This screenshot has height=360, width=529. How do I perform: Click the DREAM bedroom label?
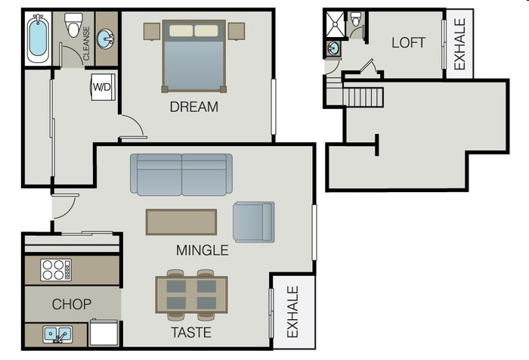click(193, 107)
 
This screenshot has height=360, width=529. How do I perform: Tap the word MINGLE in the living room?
click(202, 250)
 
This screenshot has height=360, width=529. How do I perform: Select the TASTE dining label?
click(190, 332)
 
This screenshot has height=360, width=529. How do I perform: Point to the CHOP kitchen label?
click(72, 304)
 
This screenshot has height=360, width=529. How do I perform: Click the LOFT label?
click(408, 42)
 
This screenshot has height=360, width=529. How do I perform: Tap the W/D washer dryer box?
click(102, 87)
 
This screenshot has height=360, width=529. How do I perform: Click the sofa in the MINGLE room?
click(181, 175)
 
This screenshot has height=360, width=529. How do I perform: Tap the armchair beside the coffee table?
click(253, 222)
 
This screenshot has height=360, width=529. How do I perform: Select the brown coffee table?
click(181, 222)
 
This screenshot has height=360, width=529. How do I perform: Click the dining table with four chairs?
click(191, 294)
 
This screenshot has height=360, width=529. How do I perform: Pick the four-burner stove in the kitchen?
click(56, 270)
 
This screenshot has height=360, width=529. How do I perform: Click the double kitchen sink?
click(57, 333)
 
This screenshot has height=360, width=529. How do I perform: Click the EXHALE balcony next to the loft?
click(459, 42)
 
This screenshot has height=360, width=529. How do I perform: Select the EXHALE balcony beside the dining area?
click(292, 312)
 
